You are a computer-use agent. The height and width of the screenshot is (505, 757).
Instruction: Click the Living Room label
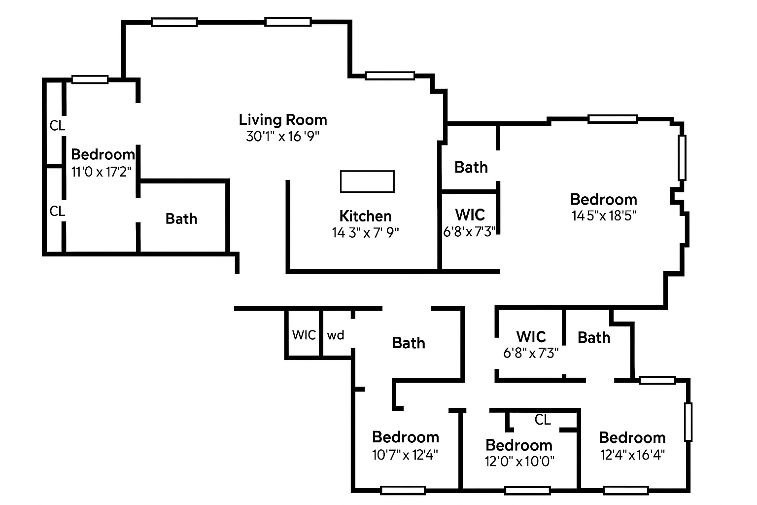pyautogui.click(x=283, y=120)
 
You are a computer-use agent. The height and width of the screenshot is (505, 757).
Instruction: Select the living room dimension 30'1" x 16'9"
pyautogui.click(x=283, y=137)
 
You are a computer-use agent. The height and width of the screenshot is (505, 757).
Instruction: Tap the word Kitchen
pyautogui.click(x=365, y=216)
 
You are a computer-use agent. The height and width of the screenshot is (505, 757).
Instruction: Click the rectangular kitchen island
pyautogui.click(x=367, y=181)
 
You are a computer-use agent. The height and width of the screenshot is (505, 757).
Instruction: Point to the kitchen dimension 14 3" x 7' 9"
pyautogui.click(x=365, y=232)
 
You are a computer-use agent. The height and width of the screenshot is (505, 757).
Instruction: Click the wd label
pyautogui.click(x=336, y=335)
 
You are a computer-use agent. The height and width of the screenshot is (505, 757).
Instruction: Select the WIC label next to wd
pyautogui.click(x=304, y=335)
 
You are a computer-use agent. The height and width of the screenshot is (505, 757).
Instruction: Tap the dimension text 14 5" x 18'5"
pyautogui.click(x=604, y=216)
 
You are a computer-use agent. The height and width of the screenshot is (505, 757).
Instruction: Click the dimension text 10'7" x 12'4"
pyautogui.click(x=405, y=454)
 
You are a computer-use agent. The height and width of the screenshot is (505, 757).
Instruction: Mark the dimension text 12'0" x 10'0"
pyautogui.click(x=519, y=462)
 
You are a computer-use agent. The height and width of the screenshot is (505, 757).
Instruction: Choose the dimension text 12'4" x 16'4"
pyautogui.click(x=632, y=454)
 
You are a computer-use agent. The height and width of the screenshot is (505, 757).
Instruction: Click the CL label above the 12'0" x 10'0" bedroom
pyautogui.click(x=543, y=420)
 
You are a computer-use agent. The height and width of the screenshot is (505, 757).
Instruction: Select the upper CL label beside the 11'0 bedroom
pyautogui.click(x=57, y=126)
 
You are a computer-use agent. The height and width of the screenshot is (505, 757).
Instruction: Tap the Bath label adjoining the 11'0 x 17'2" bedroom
pyautogui.click(x=181, y=218)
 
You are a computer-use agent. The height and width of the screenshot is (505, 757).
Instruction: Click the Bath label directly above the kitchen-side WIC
pyautogui.click(x=471, y=167)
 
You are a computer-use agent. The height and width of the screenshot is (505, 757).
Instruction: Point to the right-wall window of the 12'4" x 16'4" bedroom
pyautogui.click(x=688, y=422)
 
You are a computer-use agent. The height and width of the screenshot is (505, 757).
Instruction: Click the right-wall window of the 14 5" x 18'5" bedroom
pyautogui.click(x=682, y=157)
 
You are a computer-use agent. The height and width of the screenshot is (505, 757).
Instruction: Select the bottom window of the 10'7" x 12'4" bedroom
pyautogui.click(x=403, y=490)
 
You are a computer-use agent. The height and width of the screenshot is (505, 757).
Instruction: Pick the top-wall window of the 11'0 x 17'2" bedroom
pyautogui.click(x=90, y=79)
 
